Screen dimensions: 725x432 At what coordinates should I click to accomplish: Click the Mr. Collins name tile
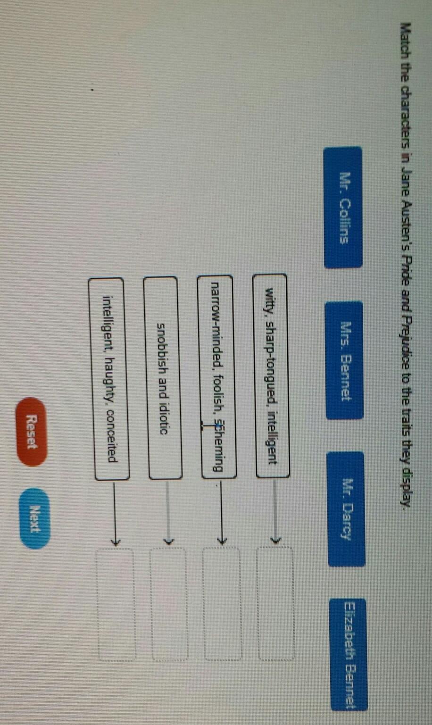pyautogui.click(x=343, y=208)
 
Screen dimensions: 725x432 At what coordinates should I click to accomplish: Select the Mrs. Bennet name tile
pyautogui.click(x=344, y=360)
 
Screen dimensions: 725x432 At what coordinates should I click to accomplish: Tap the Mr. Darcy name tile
pyautogui.click(x=346, y=508)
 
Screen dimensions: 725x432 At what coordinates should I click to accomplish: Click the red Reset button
pyautogui.click(x=32, y=432)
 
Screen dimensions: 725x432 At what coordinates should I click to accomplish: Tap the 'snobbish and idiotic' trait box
pyautogui.click(x=163, y=378)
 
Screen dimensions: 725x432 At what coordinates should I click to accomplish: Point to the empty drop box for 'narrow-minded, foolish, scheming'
pyautogui.click(x=222, y=603)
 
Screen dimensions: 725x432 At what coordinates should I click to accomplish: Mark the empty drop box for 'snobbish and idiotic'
pyautogui.click(x=168, y=604)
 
